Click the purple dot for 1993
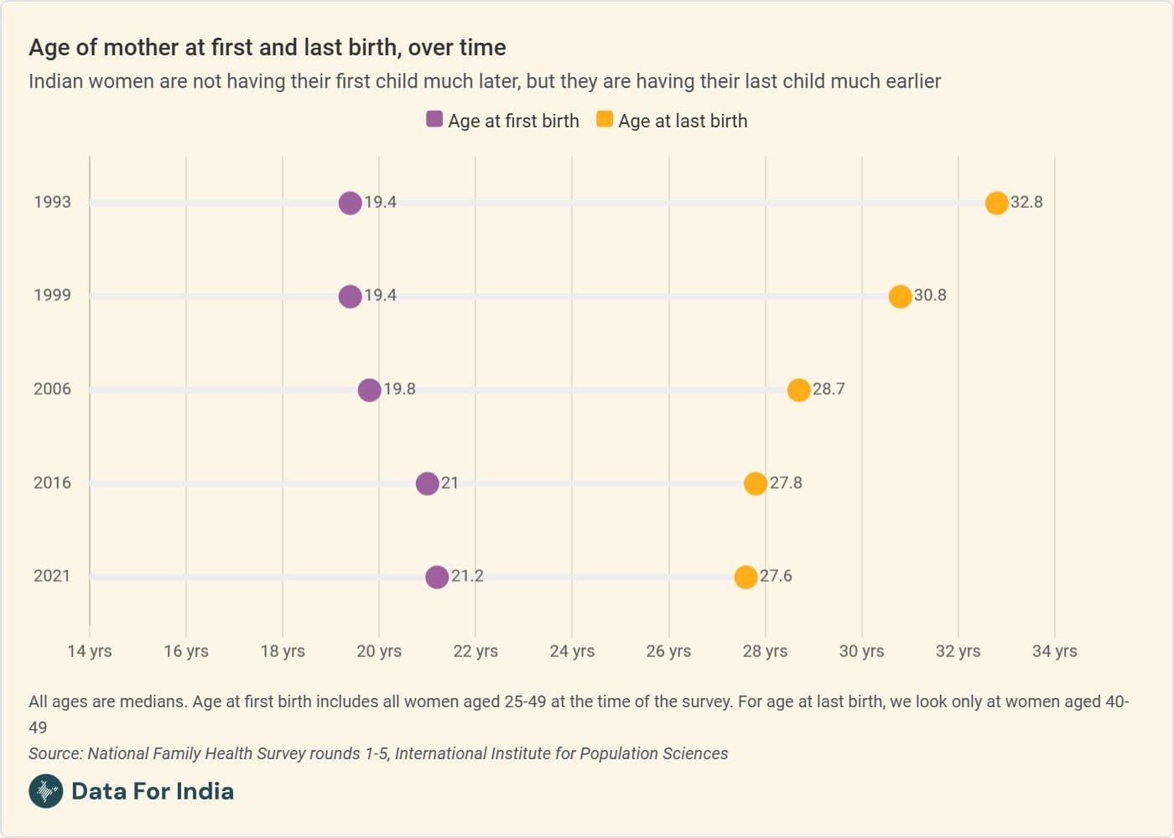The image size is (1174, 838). (x=350, y=203)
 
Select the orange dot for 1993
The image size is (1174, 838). (x=996, y=203)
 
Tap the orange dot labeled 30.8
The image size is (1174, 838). (x=900, y=297)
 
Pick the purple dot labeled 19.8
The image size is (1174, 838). (x=369, y=390)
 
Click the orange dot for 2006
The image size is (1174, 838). (x=798, y=390)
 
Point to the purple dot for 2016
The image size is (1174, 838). (x=427, y=484)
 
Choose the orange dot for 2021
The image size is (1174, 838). (x=745, y=577)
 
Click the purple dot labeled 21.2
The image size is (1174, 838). (x=436, y=577)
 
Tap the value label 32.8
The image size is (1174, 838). (x=1026, y=202)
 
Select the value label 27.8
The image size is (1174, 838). (x=786, y=483)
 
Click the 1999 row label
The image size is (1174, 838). (x=52, y=295)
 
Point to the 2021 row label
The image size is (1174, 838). (x=52, y=576)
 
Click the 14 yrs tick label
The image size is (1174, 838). (x=90, y=651)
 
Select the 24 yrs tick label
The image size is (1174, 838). (x=572, y=651)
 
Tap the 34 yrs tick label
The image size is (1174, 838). (x=1054, y=651)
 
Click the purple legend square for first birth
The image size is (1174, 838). (x=434, y=119)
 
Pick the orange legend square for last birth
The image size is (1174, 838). (x=604, y=119)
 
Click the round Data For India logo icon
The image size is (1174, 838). (x=45, y=791)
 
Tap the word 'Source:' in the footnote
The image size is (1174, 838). (x=55, y=753)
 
